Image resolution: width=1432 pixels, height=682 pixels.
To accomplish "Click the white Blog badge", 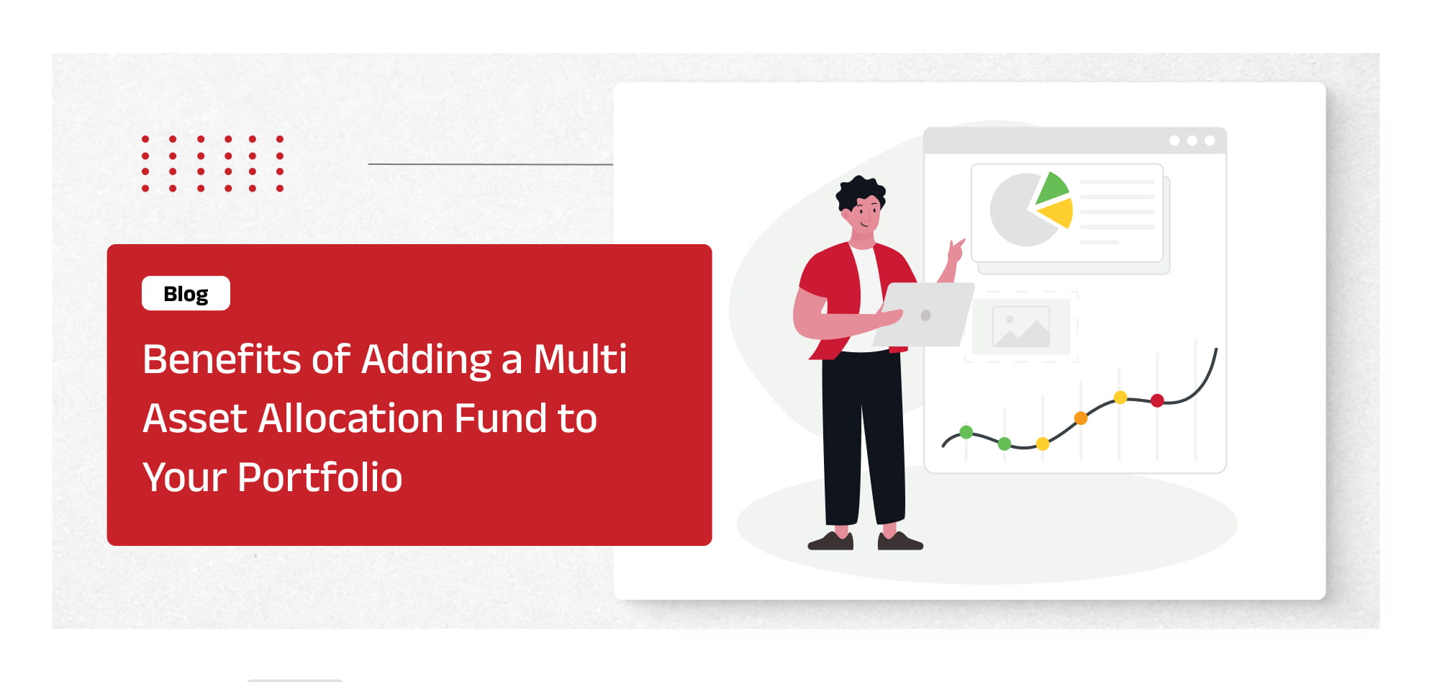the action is (186, 293).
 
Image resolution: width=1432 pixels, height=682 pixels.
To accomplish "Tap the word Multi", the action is (580, 359).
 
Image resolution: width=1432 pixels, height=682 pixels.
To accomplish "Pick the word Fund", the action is (500, 418).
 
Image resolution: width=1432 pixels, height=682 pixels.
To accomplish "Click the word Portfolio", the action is (320, 477).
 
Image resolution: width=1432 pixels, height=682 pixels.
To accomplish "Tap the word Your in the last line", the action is (185, 478).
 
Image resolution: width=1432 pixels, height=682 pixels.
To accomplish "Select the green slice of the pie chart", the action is (1052, 189).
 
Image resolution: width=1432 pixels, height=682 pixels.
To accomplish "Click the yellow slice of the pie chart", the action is (1058, 213).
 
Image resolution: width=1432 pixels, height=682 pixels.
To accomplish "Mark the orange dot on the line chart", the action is (1081, 418).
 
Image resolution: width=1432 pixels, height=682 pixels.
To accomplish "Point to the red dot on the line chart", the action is (1157, 400).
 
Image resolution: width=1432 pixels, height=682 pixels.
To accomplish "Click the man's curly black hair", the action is (859, 192).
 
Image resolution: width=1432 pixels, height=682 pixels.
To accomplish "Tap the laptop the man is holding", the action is (925, 315).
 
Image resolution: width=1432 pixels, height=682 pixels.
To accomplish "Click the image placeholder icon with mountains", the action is (1021, 326).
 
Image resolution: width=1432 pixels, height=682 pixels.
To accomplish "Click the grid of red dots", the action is (212, 163).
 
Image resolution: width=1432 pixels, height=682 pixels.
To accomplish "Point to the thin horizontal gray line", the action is (491, 164).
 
